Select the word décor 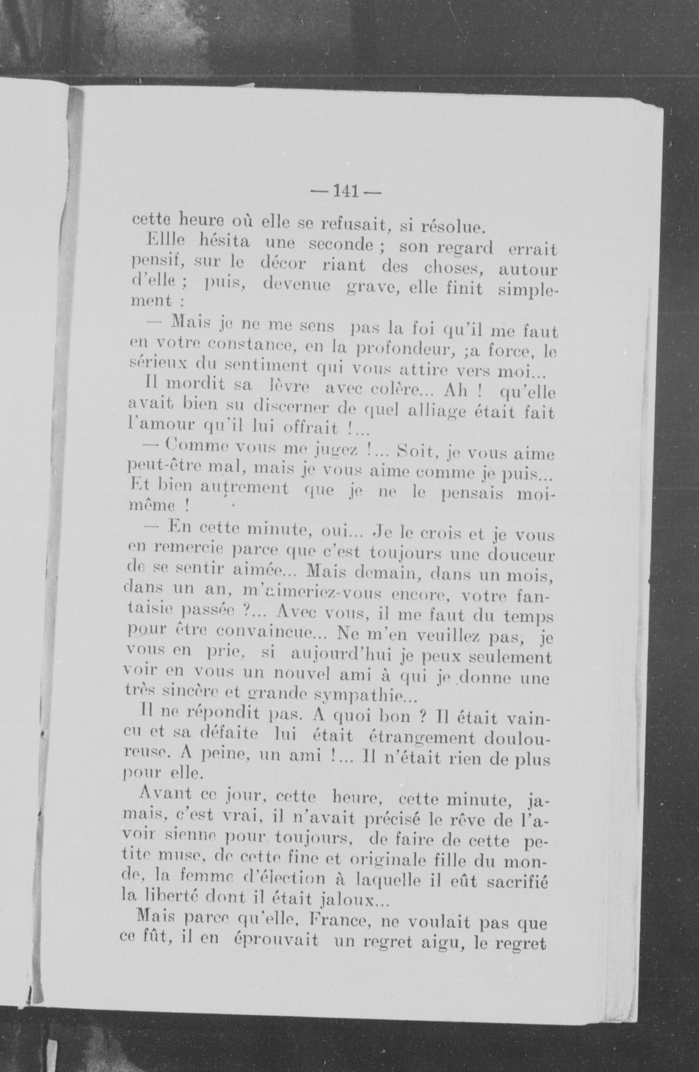pos(283,265)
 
